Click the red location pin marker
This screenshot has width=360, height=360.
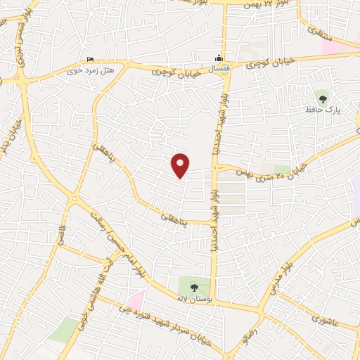[181, 165]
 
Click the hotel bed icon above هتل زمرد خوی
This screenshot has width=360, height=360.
[89, 60]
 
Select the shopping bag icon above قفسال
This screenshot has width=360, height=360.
[219, 58]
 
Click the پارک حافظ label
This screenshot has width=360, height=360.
[322, 110]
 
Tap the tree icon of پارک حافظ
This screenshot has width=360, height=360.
[323, 98]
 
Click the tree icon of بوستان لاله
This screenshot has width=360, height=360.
[194, 286]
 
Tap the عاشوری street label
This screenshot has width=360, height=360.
[326, 319]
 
